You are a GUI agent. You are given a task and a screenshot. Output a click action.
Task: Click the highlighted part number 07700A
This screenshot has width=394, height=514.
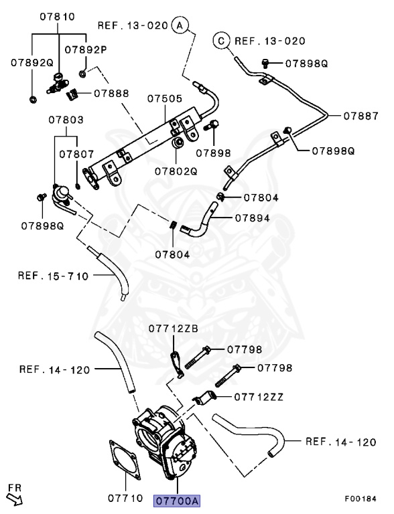tap(177, 500)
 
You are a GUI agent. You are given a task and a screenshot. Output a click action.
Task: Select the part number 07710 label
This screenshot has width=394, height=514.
tap(125, 499)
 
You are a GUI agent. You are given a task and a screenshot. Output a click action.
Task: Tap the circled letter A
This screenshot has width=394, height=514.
tap(180, 25)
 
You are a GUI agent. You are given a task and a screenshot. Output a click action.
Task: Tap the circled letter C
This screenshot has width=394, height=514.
tap(221, 41)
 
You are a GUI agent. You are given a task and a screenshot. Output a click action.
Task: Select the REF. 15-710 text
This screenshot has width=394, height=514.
tap(53, 276)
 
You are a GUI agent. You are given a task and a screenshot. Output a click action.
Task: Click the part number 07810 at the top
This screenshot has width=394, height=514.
tap(57, 16)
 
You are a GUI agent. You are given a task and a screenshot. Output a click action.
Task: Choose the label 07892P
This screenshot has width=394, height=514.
tap(86, 49)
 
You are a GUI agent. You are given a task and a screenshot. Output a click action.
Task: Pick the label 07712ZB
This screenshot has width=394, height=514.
tap(173, 329)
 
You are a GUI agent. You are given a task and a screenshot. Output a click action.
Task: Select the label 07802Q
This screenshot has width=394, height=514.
tap(176, 171)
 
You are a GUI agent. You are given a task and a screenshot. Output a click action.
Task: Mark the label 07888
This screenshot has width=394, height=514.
tap(111, 93)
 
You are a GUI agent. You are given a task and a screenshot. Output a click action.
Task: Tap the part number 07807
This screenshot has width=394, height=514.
tap(76, 153)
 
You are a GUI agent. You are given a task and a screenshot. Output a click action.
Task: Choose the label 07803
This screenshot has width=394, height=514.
tap(66, 120)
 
